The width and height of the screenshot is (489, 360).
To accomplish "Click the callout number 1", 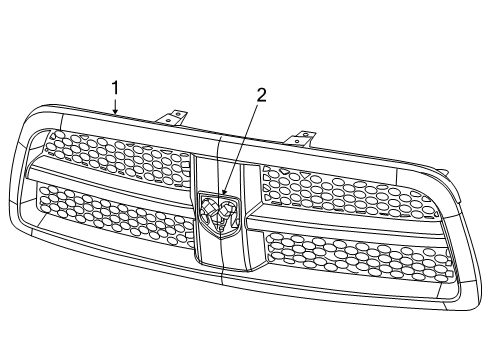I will tap(115, 89).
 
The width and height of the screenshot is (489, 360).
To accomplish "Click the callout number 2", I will tap(262, 96).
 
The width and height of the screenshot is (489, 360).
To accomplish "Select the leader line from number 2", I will tap(243, 146).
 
